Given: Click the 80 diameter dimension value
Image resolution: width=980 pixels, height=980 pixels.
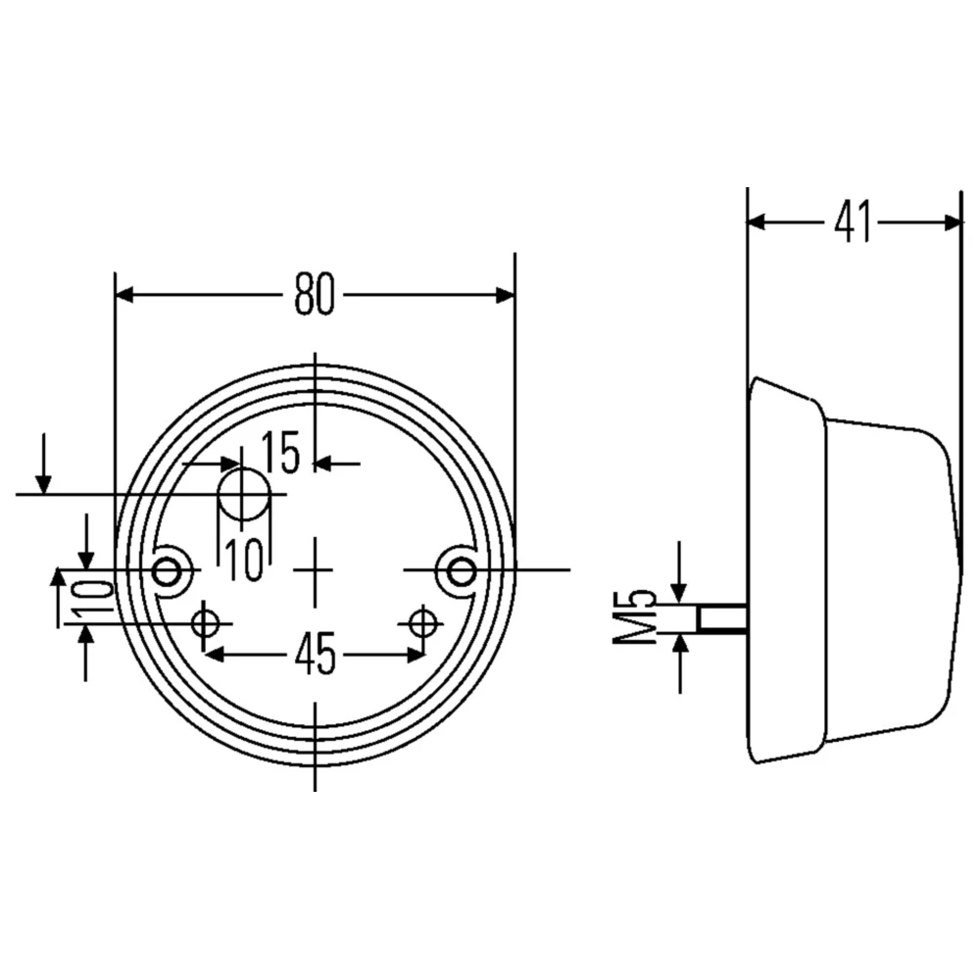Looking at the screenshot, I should pos(315,295).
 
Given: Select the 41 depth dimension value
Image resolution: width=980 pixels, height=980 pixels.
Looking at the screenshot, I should pos(853,222).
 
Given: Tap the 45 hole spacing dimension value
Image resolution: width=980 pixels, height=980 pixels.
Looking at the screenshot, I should pos(315,655).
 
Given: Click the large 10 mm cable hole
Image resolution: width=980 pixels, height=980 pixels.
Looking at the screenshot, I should pos(243,494).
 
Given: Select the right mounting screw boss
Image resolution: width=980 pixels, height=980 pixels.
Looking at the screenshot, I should pos(460,569).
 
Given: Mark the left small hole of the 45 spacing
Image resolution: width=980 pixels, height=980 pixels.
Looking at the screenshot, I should pos(206,622).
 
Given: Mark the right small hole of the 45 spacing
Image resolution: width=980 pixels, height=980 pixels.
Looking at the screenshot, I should pos(422,622).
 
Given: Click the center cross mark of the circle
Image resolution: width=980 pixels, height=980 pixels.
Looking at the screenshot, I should pos(315,569).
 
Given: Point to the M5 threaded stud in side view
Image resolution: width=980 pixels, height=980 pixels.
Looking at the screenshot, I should pos(723,618).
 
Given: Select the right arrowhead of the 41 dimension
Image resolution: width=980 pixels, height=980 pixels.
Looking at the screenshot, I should pos(954,222).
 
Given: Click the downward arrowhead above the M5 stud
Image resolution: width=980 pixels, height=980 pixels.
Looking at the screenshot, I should pos(679,595).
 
